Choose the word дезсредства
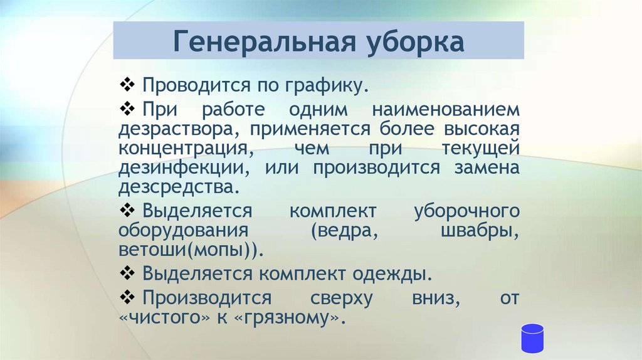178,188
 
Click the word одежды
399,274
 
